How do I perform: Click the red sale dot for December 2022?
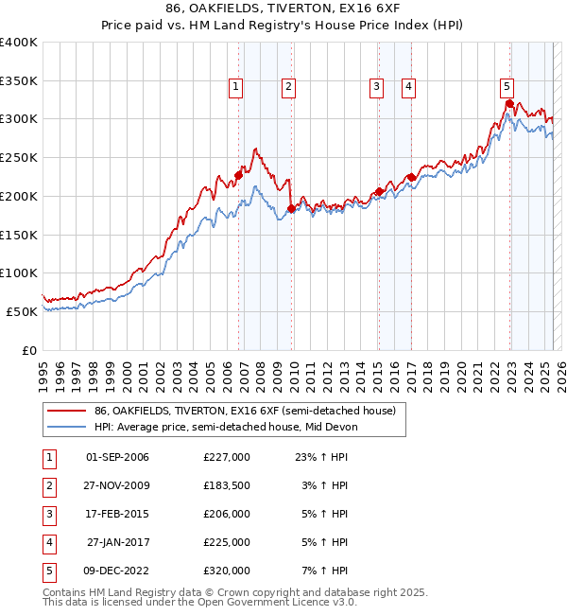(509, 103)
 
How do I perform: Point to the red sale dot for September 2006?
(238, 175)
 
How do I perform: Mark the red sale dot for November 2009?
(291, 208)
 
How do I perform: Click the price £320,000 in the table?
(227, 571)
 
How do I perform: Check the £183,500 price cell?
(227, 485)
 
